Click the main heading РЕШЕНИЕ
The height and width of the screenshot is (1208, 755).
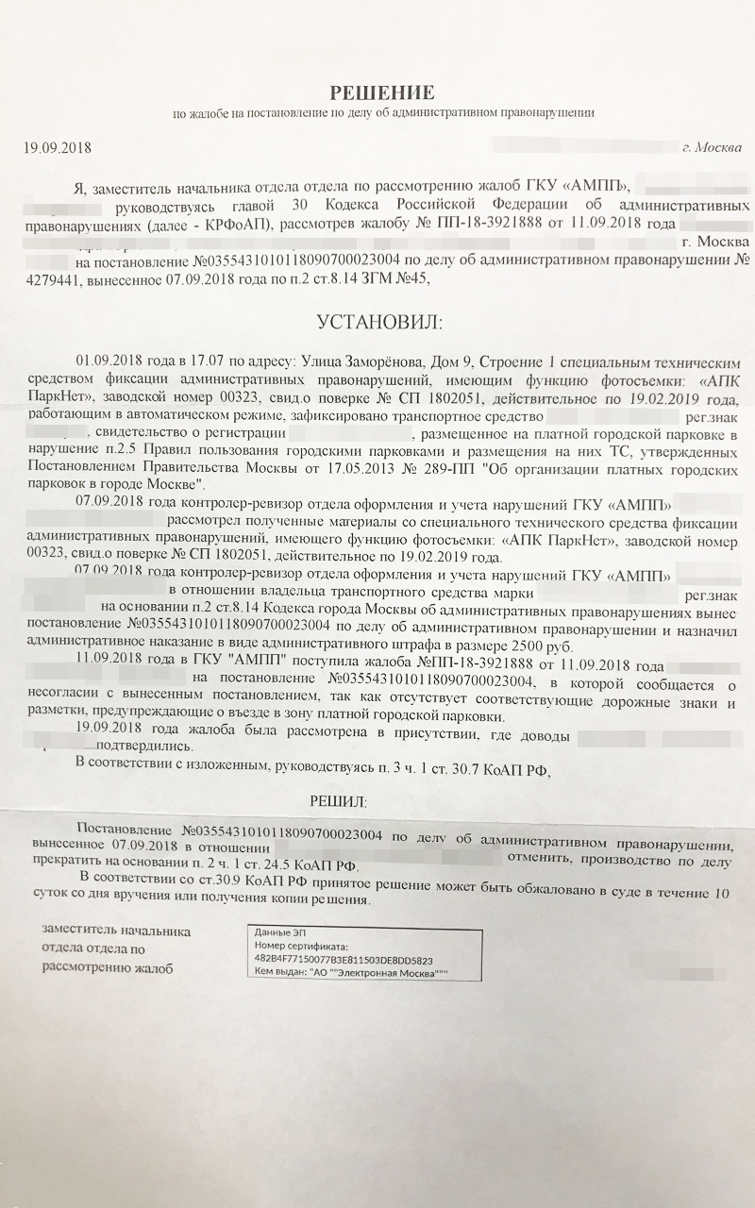[381, 92]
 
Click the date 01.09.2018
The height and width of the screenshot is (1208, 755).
[108, 362]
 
